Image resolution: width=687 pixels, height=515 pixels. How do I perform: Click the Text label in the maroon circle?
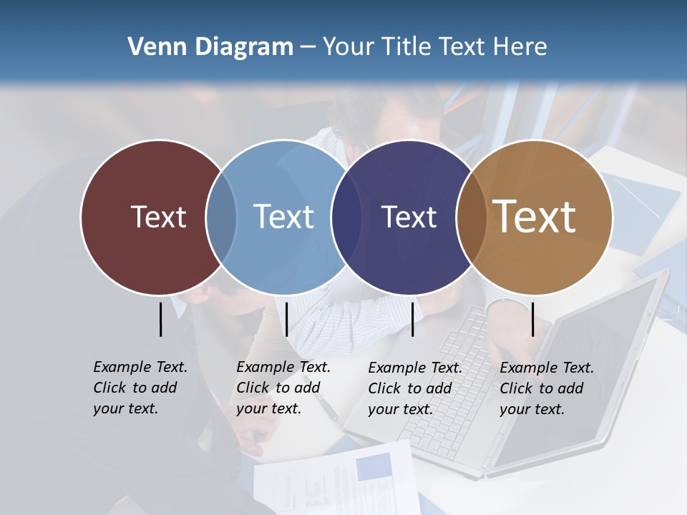click(x=158, y=217)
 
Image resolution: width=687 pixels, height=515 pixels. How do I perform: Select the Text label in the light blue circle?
click(x=284, y=217)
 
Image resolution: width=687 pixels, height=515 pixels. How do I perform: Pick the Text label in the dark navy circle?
click(x=409, y=217)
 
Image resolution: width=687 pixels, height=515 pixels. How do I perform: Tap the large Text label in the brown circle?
click(x=535, y=217)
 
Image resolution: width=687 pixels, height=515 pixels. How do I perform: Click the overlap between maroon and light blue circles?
click(x=221, y=217)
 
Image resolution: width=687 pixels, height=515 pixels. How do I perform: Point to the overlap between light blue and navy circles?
click(x=346, y=217)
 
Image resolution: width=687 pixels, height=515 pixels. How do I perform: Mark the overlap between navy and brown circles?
click(x=472, y=217)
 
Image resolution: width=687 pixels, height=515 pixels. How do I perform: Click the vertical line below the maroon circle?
click(x=161, y=319)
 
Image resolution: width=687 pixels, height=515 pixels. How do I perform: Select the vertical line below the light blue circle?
click(x=286, y=319)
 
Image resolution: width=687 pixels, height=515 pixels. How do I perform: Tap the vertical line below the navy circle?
click(x=412, y=319)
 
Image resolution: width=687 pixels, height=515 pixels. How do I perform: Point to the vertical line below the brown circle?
click(x=533, y=319)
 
